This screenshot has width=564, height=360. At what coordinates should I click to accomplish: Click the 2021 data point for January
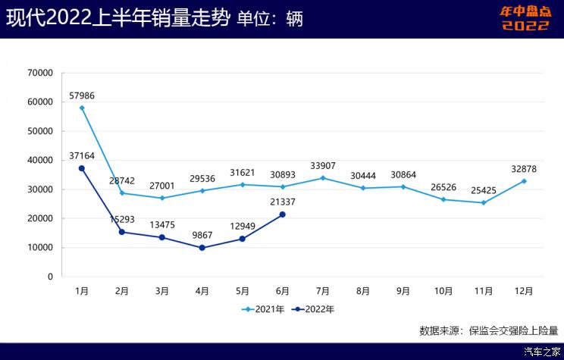click(82, 108)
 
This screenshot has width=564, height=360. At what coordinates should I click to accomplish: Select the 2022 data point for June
click(283, 214)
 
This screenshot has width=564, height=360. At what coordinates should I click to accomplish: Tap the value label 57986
click(82, 95)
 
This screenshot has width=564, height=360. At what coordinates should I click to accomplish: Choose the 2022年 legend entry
click(314, 309)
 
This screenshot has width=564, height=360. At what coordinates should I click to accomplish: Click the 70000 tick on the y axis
click(40, 73)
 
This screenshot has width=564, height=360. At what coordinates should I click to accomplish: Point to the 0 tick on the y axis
click(51, 277)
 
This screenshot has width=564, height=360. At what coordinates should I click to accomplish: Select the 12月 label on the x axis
click(524, 290)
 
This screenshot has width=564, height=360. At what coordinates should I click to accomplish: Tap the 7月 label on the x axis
click(323, 290)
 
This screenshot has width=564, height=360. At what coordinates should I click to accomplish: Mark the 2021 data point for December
click(524, 181)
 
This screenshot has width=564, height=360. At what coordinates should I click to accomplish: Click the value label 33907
click(323, 166)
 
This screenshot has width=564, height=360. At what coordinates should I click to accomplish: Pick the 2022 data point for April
click(202, 248)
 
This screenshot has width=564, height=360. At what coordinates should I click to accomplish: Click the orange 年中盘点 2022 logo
click(525, 18)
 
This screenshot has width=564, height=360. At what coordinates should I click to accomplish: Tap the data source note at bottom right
click(488, 330)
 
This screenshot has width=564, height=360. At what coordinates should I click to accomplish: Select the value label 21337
click(283, 202)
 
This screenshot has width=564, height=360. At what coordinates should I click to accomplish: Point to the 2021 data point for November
click(484, 202)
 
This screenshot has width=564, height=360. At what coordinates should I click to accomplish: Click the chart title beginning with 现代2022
click(118, 19)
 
